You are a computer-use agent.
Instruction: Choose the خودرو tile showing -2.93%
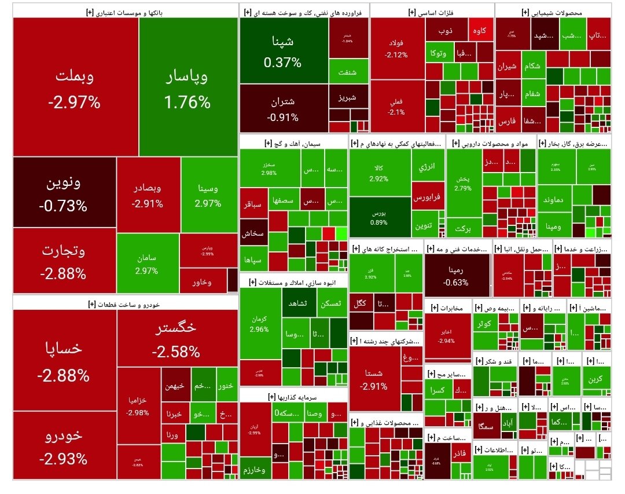[x=64, y=446]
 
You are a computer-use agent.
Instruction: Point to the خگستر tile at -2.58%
[x=177, y=339]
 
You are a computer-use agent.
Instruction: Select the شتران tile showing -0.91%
[x=283, y=108]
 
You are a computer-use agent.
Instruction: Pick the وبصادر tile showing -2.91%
[x=147, y=195]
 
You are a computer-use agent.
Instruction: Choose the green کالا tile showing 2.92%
[x=378, y=173]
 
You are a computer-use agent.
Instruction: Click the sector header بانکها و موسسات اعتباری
[x=124, y=12]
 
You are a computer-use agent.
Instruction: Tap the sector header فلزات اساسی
[x=431, y=12]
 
